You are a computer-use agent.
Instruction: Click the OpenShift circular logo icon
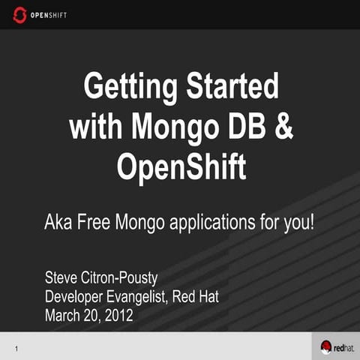pyautogui.click(x=20, y=14)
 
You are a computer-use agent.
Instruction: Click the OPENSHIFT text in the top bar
pyautogui.click(x=49, y=14)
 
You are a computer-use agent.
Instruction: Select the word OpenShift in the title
pyautogui.click(x=181, y=166)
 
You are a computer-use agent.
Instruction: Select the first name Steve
pyautogui.click(x=64, y=280)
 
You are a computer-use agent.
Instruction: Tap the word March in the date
pyautogui.click(x=65, y=315)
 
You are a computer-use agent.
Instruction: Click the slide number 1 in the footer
pyautogui.click(x=16, y=348)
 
